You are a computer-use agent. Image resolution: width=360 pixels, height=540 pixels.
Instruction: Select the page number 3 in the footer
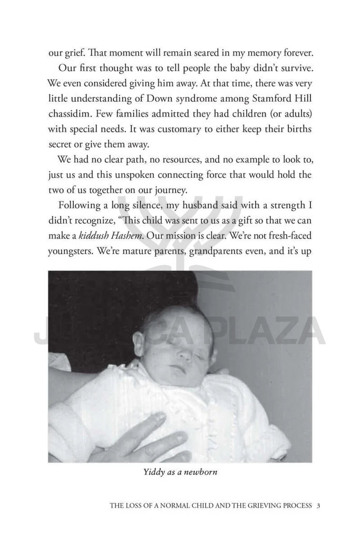coord(319,506)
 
